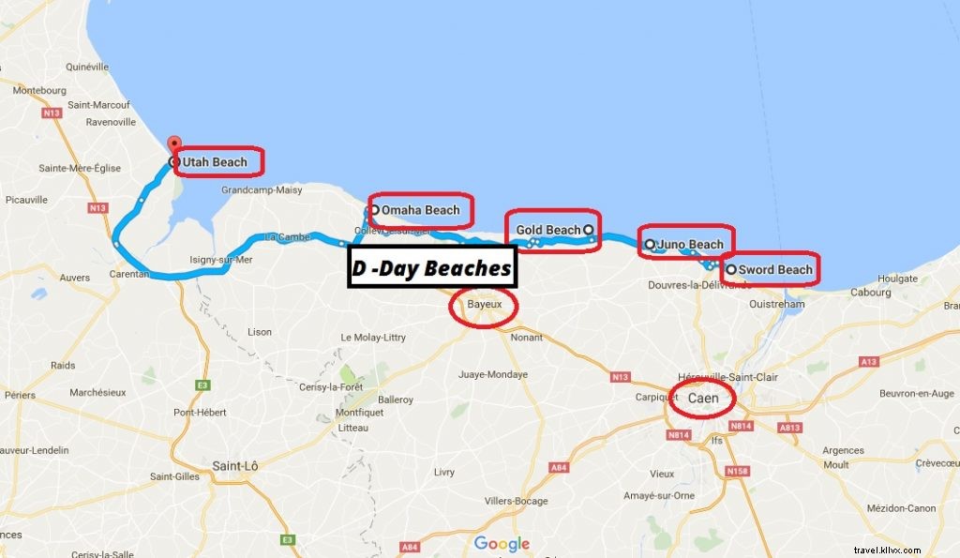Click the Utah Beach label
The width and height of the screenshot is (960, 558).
pos(215,162)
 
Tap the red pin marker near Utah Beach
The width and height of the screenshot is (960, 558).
pos(172,144)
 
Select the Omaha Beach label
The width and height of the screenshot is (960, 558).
pos(420,210)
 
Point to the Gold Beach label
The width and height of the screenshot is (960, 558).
pos(548,230)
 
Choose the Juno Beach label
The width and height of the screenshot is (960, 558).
pos(690,245)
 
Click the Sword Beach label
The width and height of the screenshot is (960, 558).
pos(774,270)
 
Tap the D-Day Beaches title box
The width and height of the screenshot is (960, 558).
pos(432,268)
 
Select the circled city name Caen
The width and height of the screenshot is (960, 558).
pos(703,399)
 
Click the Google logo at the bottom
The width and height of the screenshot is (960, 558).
pos(502,543)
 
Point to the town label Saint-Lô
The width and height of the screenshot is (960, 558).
pos(234,465)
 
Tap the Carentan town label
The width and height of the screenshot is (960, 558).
pos(127,275)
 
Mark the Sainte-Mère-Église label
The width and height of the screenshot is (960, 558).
pos(75,168)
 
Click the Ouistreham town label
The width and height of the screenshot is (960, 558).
pos(776,304)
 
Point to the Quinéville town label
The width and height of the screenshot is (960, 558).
pos(90,68)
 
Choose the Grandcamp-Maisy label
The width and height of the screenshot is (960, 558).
pos(262,189)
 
